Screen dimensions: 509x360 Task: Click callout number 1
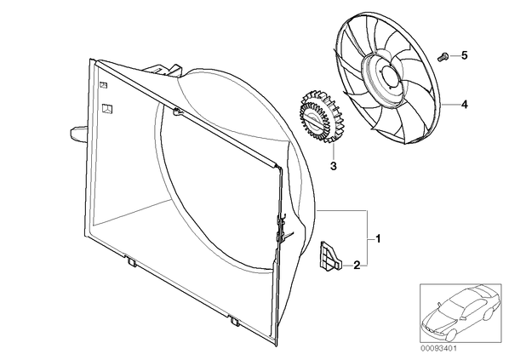[378, 239]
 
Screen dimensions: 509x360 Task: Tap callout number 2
[357, 266]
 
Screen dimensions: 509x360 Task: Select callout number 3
[334, 166]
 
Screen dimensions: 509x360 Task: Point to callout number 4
[465, 105]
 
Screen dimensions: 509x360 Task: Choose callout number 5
[465, 55]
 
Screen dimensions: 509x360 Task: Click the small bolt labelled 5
[442, 57]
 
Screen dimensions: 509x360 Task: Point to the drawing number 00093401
[439, 349]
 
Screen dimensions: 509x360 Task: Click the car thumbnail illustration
[460, 314]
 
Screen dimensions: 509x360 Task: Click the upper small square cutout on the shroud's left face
[103, 85]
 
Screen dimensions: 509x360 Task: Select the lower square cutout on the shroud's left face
[107, 109]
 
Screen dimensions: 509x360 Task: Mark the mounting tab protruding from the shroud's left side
[78, 134]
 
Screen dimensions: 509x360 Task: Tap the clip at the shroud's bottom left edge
[131, 261]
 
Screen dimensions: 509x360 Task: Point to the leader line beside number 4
[450, 105]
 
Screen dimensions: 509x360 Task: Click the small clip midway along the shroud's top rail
[177, 112]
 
